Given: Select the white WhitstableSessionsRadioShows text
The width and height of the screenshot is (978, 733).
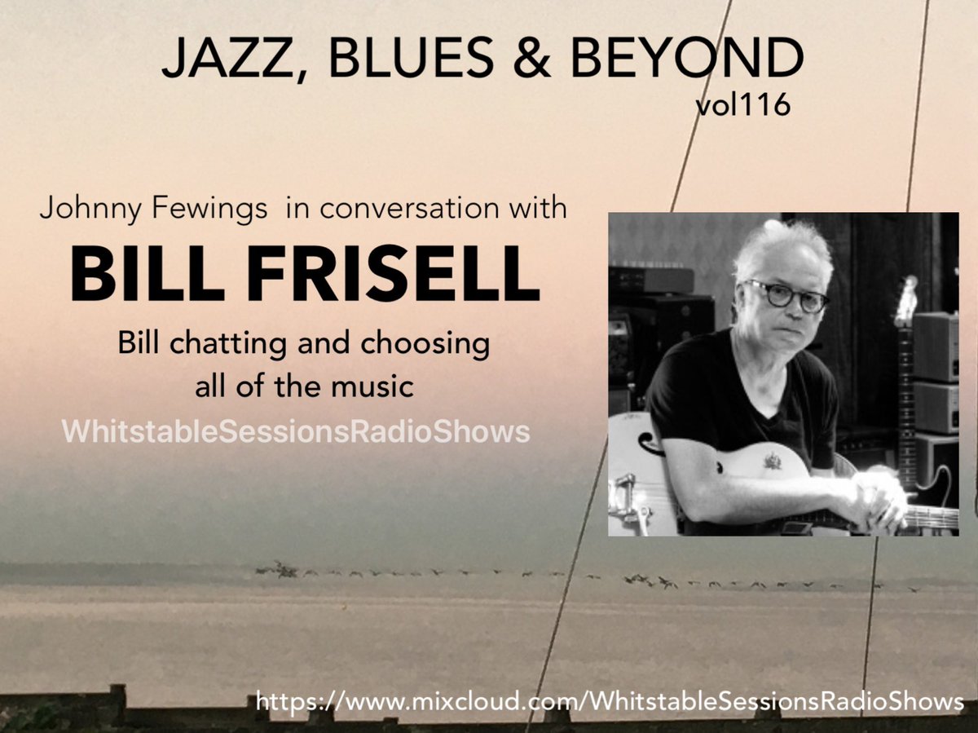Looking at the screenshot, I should (x=296, y=432).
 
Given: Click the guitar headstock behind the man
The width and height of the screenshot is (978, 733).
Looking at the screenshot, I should (x=905, y=306).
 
